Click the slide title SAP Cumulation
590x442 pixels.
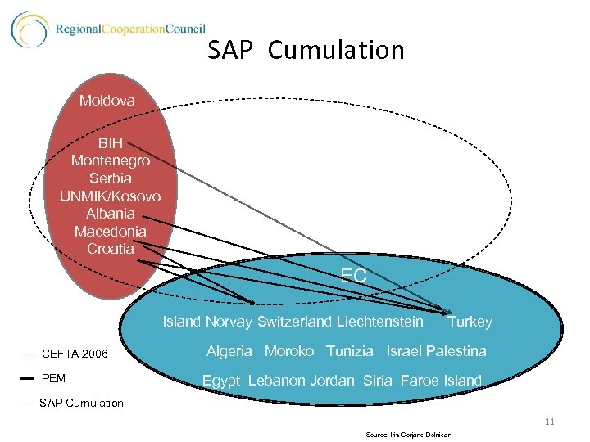[306, 51]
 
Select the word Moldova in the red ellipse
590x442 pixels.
[107, 101]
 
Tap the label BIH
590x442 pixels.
[111, 143]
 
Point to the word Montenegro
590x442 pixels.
[111, 161]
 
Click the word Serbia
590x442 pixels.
[111, 178]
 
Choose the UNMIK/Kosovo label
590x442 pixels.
[111, 196]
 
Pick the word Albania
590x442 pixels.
[111, 214]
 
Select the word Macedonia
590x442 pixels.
[111, 232]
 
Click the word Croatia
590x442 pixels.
[111, 249]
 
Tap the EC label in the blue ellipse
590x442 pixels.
[354, 276]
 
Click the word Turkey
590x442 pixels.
[470, 322]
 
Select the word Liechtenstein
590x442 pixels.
[379, 322]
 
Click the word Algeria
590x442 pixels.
[230, 351]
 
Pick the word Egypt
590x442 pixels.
[221, 381]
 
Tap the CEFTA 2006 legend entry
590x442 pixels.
[74, 354]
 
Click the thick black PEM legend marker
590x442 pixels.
[27, 378]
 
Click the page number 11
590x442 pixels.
[549, 422]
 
